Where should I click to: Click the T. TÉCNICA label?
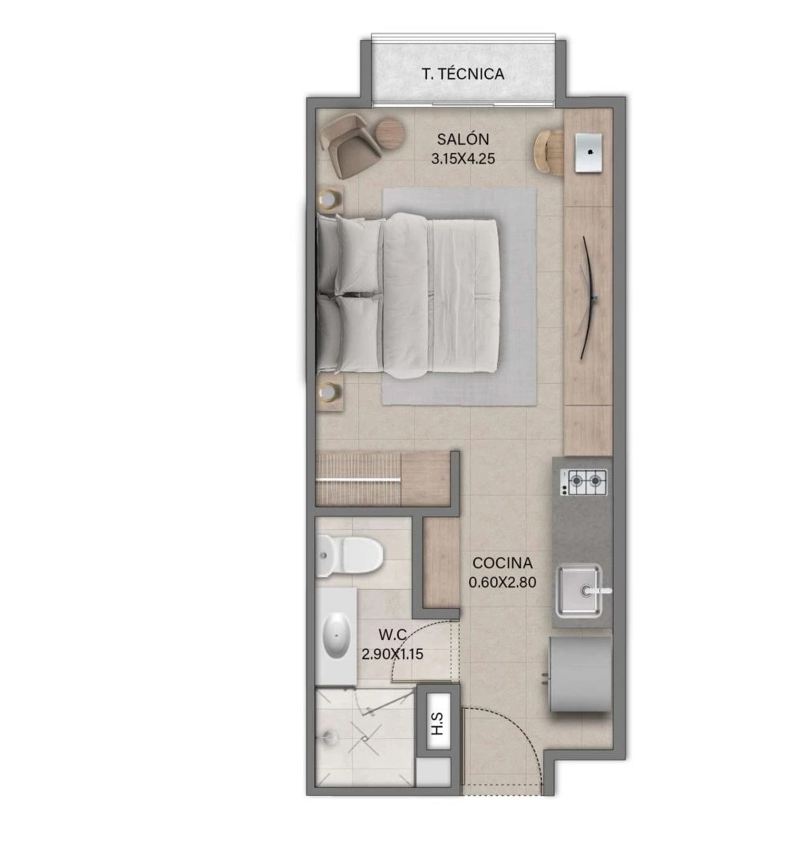coord(463,73)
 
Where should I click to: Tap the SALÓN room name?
coord(463,139)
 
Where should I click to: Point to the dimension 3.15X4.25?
coord(463,159)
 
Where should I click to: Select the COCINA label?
coord(503,563)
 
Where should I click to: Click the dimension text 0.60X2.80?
coord(503,582)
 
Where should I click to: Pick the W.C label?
coord(393,635)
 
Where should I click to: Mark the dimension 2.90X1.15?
coord(393,654)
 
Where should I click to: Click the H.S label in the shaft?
coord(437,722)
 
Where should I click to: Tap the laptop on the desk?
coord(589,152)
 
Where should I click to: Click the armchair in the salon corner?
coord(350,144)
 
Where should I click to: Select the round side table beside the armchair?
coord(391,133)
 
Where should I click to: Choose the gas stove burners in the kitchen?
coord(584,482)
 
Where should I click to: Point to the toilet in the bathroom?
coord(349,556)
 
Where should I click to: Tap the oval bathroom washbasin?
coord(337,635)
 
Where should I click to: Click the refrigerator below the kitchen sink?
coord(581,674)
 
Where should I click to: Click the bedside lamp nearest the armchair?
coord(330,199)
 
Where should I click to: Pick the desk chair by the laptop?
coord(548,152)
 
